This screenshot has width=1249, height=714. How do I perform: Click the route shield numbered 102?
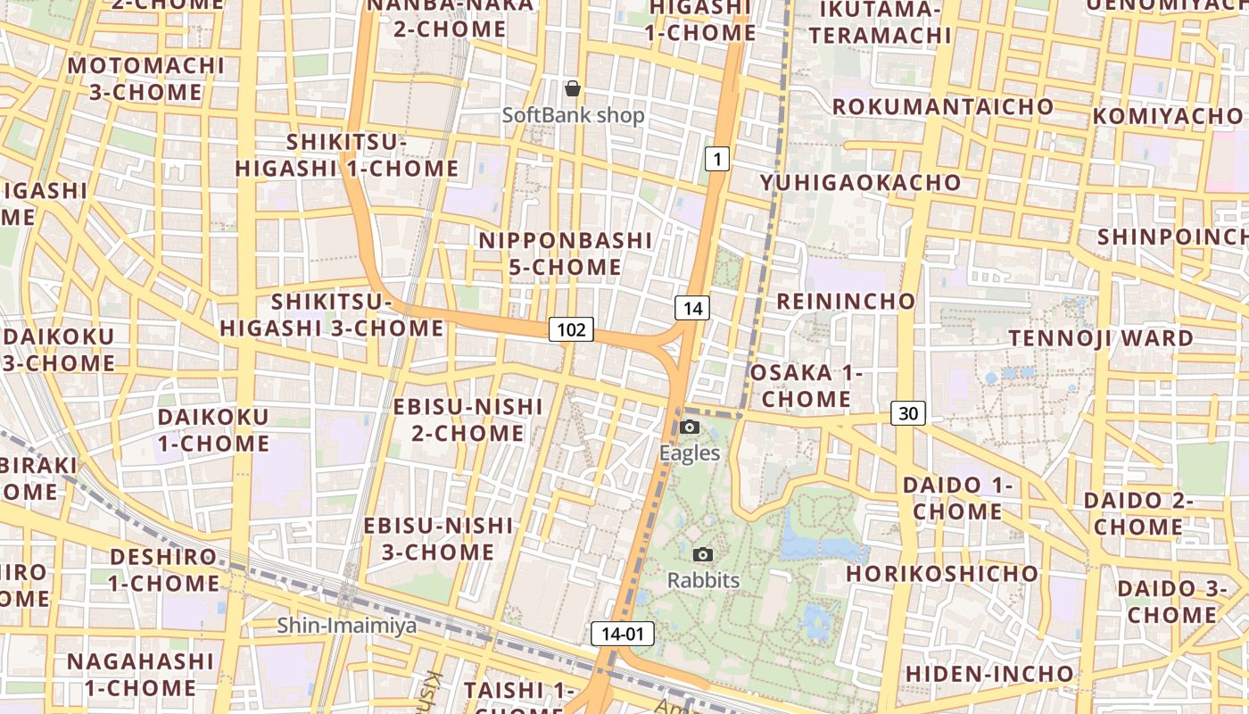coord(571,330)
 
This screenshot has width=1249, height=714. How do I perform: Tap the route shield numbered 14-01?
coord(623,635)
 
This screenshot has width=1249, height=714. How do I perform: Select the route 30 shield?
coord(908,413)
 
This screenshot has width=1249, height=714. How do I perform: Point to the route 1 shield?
coord(717,160)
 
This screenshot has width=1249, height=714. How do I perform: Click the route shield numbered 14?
coord(692,309)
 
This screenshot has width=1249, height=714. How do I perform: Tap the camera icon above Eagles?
coord(690,428)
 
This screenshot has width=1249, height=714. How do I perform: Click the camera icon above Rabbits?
coord(703,555)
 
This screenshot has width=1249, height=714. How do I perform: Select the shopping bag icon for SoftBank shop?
coord(573,88)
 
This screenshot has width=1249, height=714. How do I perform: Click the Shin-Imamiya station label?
coord(346,626)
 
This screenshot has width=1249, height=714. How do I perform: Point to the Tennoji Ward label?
coord(1101,338)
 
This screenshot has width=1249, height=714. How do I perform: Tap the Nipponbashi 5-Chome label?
coord(566,253)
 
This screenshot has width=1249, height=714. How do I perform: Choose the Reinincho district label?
coord(846,301)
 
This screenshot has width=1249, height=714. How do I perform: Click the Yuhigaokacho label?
coord(861,183)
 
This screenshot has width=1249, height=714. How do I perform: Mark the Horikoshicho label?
coord(942,573)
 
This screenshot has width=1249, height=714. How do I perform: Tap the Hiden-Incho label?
coord(989,673)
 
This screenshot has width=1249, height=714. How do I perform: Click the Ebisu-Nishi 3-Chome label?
coord(438,538)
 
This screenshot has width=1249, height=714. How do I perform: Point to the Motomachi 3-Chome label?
coord(146,79)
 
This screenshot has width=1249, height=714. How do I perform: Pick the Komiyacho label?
coord(1167,116)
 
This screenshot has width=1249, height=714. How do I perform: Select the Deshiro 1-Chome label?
coord(164,570)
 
